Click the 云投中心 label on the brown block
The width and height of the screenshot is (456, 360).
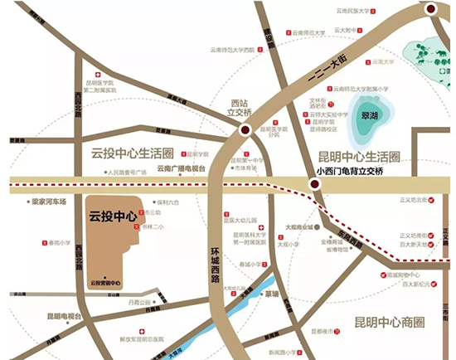coord(113,216)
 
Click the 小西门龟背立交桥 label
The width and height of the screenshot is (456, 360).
coord(351,172)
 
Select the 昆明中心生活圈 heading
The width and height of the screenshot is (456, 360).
coord(360,157)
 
